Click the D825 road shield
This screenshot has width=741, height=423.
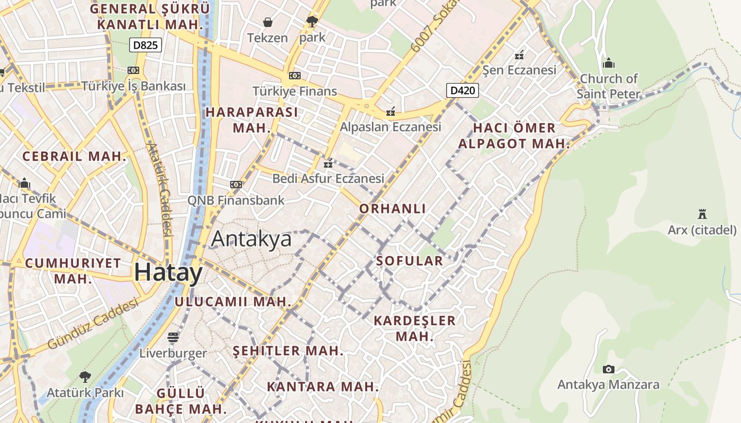145,45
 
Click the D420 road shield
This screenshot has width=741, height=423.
462,90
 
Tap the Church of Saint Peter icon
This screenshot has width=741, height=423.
609,63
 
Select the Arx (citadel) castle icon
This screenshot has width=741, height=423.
702,214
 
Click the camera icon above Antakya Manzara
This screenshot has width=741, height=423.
609,369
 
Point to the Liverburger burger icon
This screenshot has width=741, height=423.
173,337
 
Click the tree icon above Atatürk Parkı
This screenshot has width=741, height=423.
85,377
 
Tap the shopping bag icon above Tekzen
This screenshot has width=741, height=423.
268,22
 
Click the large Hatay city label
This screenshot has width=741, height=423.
168,273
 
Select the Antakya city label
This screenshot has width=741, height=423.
251,239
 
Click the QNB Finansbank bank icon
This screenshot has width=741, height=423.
236,185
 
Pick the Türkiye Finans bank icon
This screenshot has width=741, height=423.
295,76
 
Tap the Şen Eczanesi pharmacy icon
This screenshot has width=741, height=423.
519,54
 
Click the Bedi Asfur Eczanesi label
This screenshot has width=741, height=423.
328,179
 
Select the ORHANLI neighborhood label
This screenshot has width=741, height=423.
392,208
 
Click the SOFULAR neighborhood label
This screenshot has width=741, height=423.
409,261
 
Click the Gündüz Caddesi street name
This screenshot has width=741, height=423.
93,323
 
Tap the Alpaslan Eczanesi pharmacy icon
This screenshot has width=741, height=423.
391,111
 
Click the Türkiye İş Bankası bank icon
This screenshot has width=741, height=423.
133,70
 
